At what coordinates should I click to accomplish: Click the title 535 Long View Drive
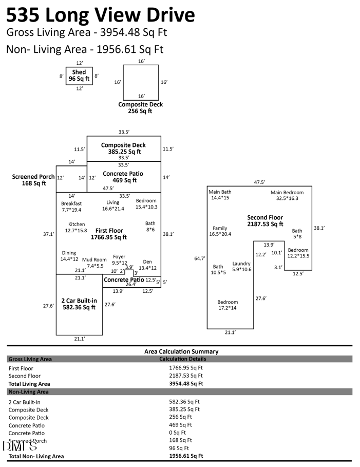(x=101, y=15)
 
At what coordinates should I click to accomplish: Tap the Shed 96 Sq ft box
(x=79, y=76)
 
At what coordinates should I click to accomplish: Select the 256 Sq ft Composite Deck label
(x=140, y=108)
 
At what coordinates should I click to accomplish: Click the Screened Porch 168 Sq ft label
(x=33, y=180)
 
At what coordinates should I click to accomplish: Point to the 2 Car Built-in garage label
(x=79, y=304)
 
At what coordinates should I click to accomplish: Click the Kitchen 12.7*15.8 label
(x=77, y=228)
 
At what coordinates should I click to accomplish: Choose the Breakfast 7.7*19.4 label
(x=71, y=207)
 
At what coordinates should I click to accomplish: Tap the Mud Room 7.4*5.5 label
(x=94, y=263)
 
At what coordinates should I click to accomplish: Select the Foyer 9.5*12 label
(x=119, y=259)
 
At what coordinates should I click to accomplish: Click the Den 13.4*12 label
(x=147, y=265)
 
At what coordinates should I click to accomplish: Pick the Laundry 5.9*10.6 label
(x=241, y=266)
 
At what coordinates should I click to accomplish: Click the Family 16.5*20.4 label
(x=220, y=231)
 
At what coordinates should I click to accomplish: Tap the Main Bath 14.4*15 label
(x=220, y=195)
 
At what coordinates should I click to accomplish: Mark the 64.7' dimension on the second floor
(x=199, y=258)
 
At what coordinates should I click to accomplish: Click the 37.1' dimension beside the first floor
(x=48, y=234)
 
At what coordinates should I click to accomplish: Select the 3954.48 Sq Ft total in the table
(x=186, y=383)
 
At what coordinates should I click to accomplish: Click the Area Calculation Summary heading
(x=181, y=351)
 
